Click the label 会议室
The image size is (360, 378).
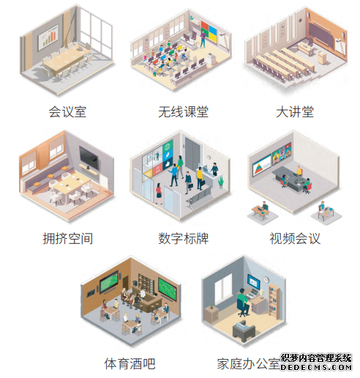tap(67, 112)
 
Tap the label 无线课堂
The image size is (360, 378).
tap(184, 112)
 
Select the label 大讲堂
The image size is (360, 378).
tap(295, 112)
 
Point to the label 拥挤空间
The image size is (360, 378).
tap(68, 238)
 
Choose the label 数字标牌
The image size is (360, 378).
tap(184, 238)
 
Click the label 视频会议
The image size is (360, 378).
tap(295, 238)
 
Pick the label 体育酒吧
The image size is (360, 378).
tap(130, 363)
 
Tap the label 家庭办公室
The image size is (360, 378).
tap(249, 363)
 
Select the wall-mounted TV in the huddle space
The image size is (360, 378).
tap(89, 158)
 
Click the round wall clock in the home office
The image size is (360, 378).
tap(266, 279)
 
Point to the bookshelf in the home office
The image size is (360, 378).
tap(274, 301)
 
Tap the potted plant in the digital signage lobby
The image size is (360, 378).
tap(221, 182)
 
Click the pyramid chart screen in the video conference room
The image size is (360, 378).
tap(262, 165)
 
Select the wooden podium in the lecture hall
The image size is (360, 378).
tap(322, 58)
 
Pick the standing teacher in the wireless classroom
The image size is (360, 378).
tap(203, 39)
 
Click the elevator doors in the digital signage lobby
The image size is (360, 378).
tap(192, 154)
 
